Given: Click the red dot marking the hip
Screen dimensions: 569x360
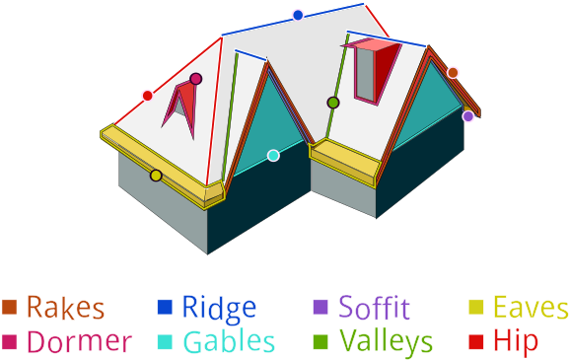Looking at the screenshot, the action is coord(147,96).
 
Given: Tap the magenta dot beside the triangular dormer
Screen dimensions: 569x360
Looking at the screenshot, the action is coord(195,79).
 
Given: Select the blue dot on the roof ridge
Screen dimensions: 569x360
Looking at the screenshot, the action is coord(298,15).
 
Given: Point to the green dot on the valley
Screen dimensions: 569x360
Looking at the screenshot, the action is coord(333,103).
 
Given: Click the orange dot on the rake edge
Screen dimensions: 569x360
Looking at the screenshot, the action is coord(453,72).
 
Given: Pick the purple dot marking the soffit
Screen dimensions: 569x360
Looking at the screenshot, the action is coord(467,116).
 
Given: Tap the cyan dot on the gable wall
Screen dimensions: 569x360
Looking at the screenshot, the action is coord(273,155).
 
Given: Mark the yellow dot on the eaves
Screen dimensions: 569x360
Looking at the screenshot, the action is coord(156,176).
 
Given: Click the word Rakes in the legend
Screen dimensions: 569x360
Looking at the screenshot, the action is coord(65,308).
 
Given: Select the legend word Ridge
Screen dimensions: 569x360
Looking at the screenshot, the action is coord(218,308).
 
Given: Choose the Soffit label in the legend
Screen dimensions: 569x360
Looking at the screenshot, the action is coord(374,308).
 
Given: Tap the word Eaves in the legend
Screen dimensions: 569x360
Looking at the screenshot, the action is coord(531,308).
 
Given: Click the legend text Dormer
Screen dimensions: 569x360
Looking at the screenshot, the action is coord(79,342).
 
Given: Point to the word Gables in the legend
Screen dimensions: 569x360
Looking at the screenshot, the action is coord(228,342).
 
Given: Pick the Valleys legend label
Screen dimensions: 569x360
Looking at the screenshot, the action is coord(386,342).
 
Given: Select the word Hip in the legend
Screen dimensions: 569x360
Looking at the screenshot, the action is coord(516,342).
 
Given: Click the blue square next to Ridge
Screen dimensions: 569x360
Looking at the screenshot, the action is coord(165,307).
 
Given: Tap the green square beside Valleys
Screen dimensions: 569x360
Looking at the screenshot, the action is coord(320,342).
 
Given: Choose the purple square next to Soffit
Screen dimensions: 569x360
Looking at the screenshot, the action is coord(320,307).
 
